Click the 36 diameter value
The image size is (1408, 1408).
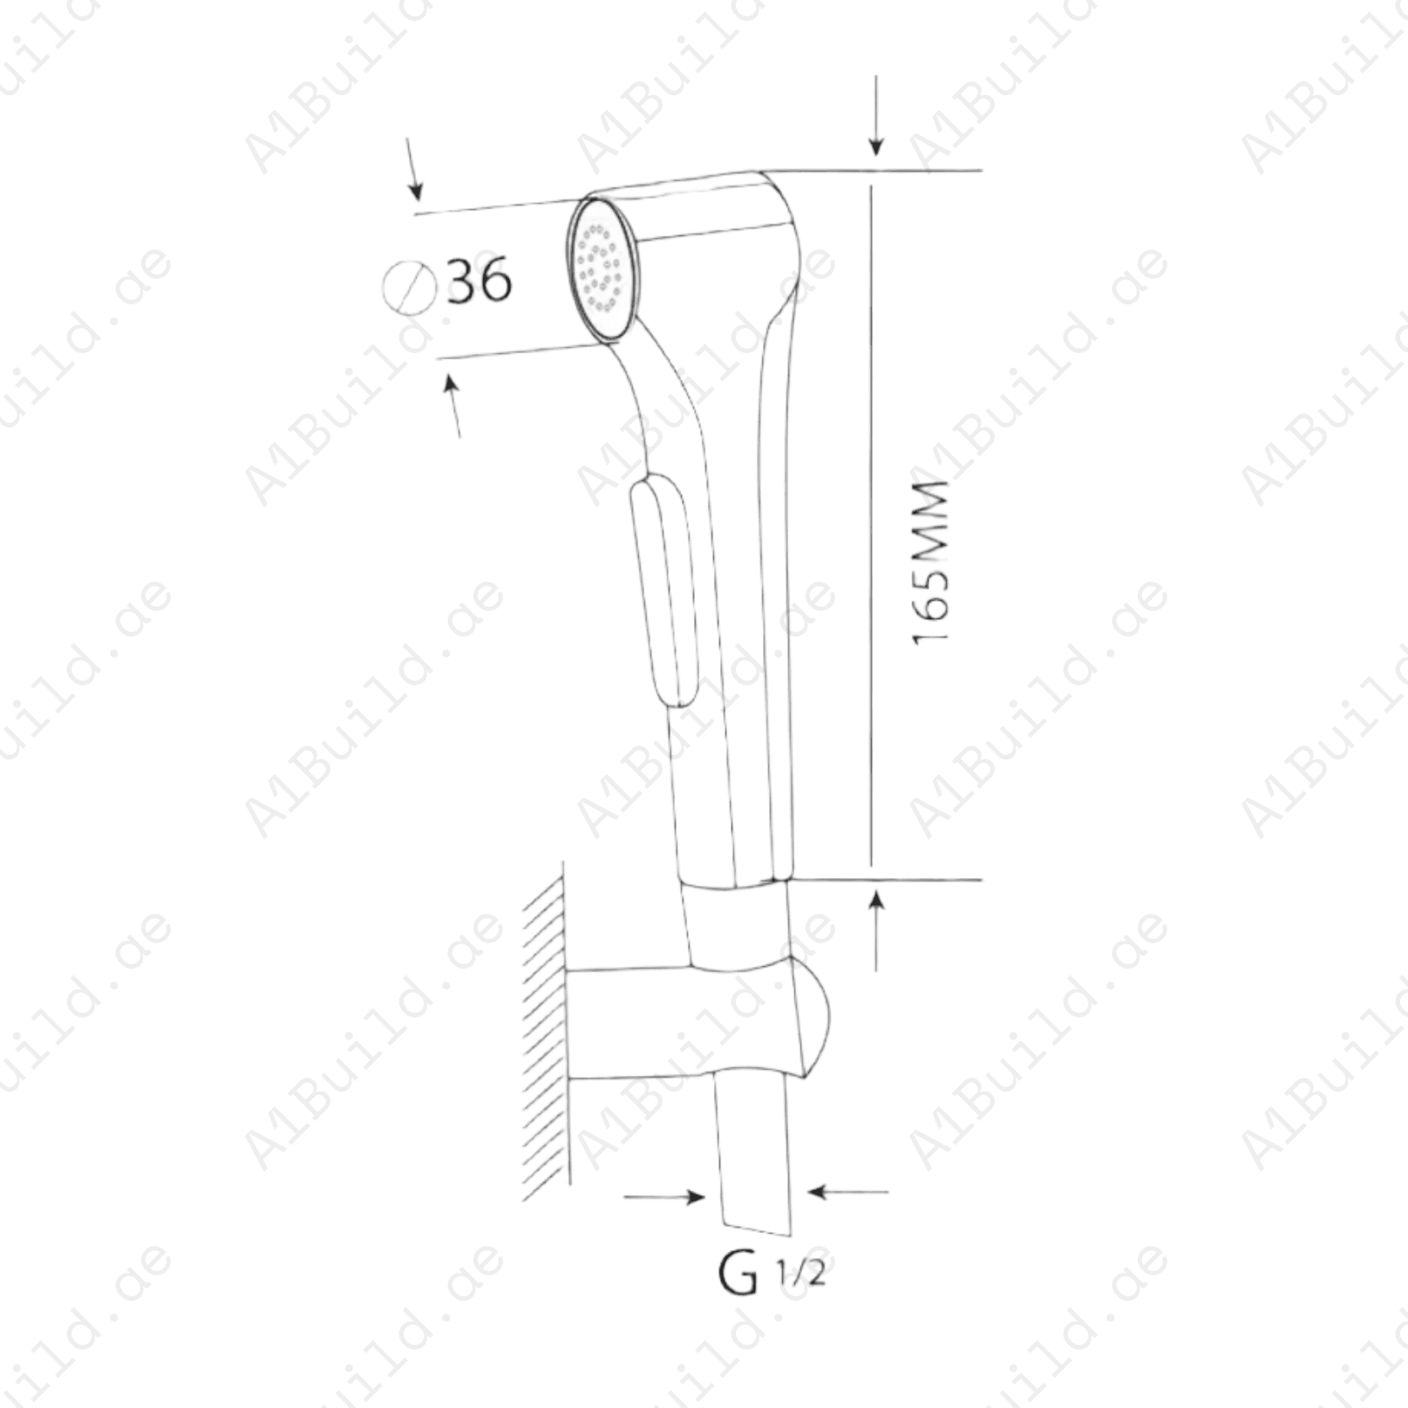click(x=479, y=280)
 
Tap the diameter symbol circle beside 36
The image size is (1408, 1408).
click(x=409, y=287)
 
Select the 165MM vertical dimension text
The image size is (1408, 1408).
click(x=929, y=562)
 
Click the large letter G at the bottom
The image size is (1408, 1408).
click(x=738, y=1274)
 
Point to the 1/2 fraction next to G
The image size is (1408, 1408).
click(x=800, y=1275)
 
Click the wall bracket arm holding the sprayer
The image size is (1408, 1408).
click(x=680, y=1022)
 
